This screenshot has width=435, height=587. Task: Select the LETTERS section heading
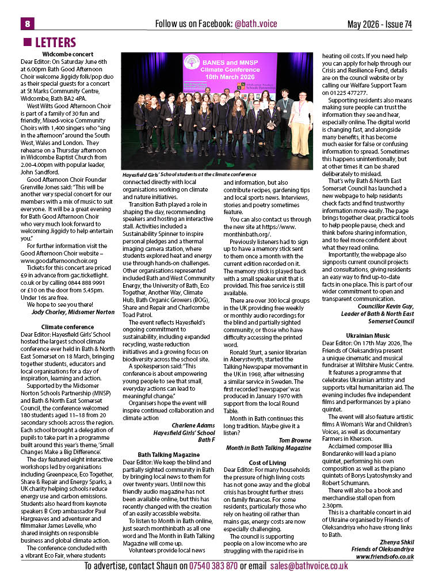coord(55,43)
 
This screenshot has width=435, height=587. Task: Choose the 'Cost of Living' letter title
coord(267,462)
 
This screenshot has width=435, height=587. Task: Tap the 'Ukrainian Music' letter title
coord(368,335)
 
